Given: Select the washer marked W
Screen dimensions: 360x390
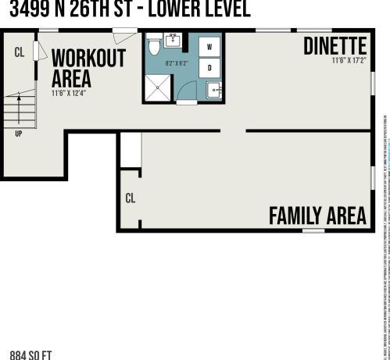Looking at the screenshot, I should (x=209, y=47).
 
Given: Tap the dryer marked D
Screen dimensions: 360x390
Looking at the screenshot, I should (x=209, y=68).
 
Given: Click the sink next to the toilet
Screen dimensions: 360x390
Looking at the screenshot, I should (x=174, y=41).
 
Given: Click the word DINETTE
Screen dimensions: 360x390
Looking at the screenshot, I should (x=336, y=45).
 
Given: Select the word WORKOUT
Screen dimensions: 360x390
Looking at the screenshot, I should (x=88, y=59).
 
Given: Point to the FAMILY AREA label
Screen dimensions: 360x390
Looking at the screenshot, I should (x=317, y=216).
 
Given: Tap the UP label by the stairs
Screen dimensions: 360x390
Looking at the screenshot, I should (x=18, y=134).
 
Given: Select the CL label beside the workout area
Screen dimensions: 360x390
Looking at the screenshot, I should (x=20, y=53).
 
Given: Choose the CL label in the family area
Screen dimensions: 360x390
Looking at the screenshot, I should (x=131, y=198).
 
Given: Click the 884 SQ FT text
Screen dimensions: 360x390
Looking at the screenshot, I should (x=30, y=355).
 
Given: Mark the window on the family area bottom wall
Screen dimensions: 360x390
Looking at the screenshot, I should (x=313, y=231).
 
